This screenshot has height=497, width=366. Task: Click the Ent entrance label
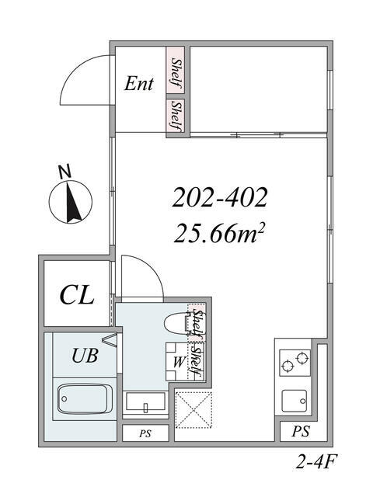[x=138, y=84]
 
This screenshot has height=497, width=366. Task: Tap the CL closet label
[x=77, y=295]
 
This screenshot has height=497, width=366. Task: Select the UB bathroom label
[x=85, y=356]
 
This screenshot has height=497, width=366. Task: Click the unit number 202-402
[x=219, y=197]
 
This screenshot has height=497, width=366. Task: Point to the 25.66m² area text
[x=219, y=233]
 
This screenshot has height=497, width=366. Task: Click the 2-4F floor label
[x=315, y=463]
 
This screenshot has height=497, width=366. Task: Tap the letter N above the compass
[x=65, y=172]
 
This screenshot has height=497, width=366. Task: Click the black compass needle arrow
[x=72, y=202]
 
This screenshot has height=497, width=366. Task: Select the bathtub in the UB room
[x=85, y=399]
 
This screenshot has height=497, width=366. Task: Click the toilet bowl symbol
[x=176, y=323]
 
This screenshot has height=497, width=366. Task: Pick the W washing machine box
[x=178, y=362]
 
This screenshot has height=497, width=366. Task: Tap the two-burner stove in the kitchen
[x=295, y=363]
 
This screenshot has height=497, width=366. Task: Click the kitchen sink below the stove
[x=295, y=401]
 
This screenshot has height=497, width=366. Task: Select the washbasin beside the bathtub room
[x=145, y=403]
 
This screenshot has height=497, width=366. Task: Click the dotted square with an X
[x=193, y=410]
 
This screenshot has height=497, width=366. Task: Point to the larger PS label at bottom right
[x=301, y=431]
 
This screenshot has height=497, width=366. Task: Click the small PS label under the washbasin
[x=145, y=433]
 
